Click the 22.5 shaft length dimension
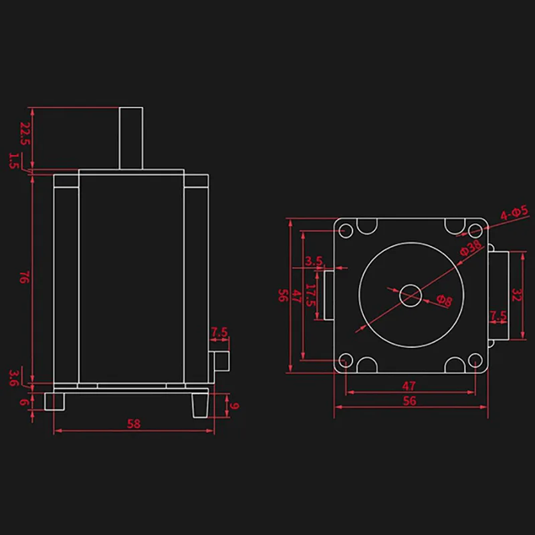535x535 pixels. [x=25, y=133]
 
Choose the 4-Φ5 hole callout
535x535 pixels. [x=515, y=213]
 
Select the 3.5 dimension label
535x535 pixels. [x=314, y=261]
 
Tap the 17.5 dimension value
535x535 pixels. [x=310, y=295]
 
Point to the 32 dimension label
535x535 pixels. [x=516, y=294]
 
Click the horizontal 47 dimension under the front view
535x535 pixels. [x=409, y=385]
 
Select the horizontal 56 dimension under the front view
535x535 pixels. [x=409, y=401]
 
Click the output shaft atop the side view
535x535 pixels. [x=131, y=137]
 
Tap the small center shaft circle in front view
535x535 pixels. [x=410, y=294]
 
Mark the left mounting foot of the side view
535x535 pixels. [x=54, y=401]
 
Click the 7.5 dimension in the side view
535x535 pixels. [x=219, y=332]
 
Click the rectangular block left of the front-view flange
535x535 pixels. [x=329, y=294]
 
